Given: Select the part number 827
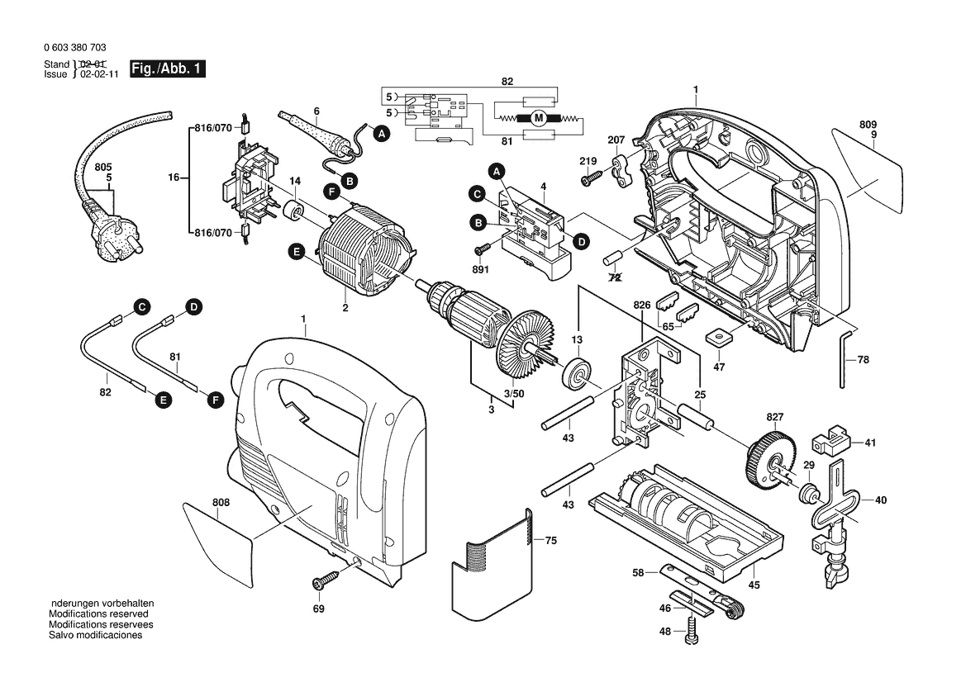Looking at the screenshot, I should (x=774, y=417).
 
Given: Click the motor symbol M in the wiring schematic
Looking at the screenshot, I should (x=539, y=118).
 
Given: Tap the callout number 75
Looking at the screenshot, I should (x=550, y=540).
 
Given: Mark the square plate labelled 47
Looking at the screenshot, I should (x=717, y=337).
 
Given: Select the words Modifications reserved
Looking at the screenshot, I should (x=98, y=614).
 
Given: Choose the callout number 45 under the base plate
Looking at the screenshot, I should (x=754, y=585).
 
